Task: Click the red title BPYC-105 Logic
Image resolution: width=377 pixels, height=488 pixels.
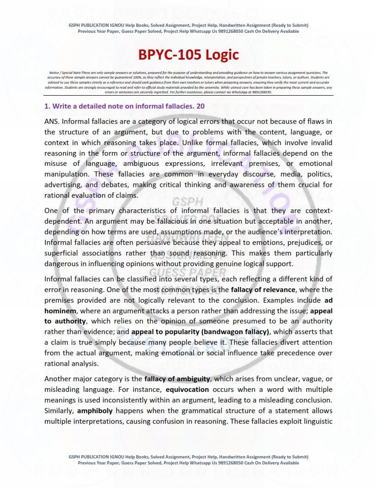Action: [188, 55]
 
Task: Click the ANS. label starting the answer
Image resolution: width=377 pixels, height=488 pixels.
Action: [51, 122]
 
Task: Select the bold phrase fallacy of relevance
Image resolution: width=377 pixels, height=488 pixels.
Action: [262, 290]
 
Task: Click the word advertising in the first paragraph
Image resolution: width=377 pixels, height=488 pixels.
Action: [63, 185]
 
